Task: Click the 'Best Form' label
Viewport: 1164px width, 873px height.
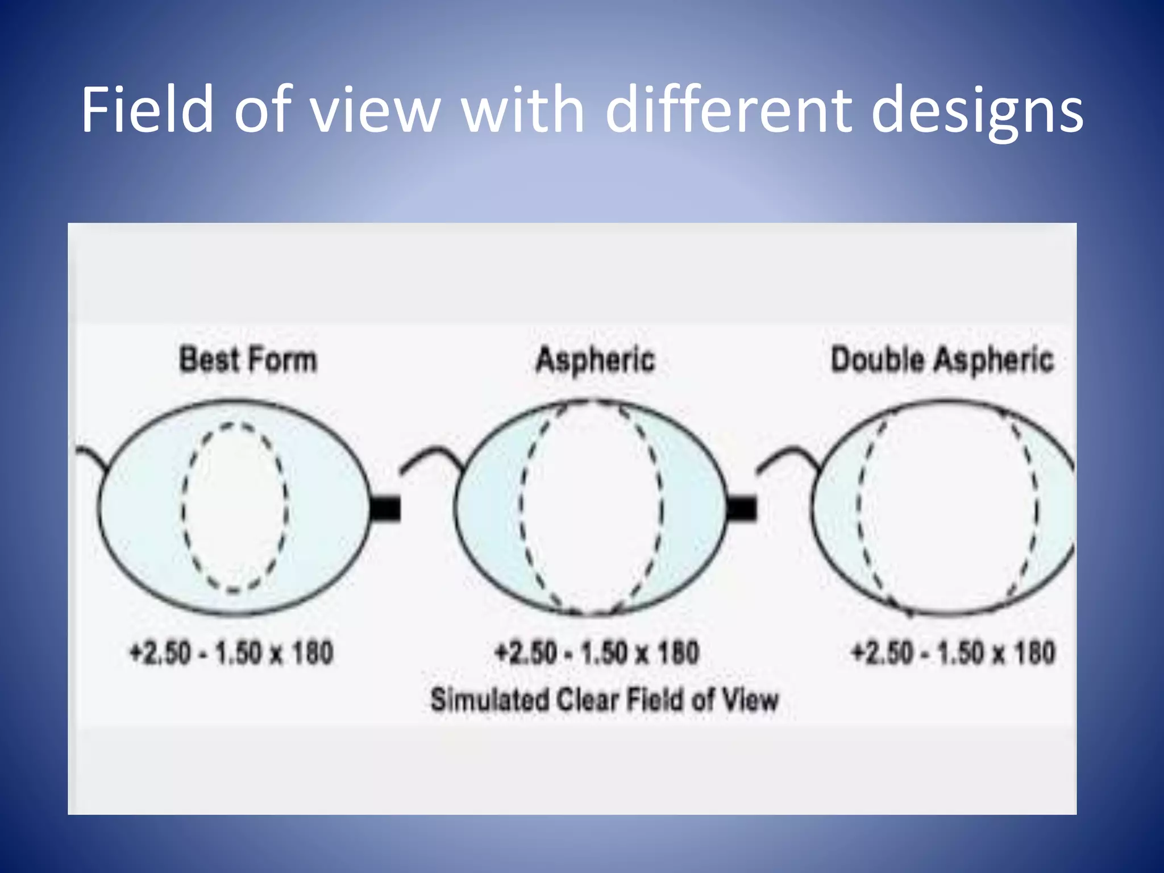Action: pos(248,360)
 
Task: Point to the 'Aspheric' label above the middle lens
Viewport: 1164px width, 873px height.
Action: pos(595,360)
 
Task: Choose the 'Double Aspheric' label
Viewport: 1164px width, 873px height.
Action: pos(942,360)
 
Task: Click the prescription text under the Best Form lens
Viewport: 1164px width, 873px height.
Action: pos(231,652)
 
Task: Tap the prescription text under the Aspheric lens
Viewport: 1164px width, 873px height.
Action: pos(597,652)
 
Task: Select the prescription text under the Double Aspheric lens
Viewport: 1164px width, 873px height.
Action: pos(953,652)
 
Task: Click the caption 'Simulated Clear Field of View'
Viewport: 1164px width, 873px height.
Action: pos(604,700)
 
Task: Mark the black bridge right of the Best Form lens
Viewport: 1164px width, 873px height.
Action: pos(385,508)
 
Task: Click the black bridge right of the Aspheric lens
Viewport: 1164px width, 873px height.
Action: pos(742,508)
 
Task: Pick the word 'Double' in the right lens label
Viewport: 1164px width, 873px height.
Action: pos(878,360)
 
